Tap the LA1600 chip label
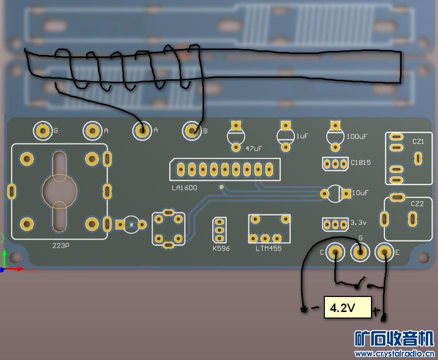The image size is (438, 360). pyautogui.click(x=184, y=188)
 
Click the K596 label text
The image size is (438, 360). pyautogui.click(x=221, y=248)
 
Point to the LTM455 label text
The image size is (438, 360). pyautogui.click(x=269, y=248)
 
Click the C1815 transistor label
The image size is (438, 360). pyautogui.click(x=360, y=162)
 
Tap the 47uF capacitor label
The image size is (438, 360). pyautogui.click(x=254, y=148)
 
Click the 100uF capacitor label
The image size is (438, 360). pyautogui.click(x=356, y=136)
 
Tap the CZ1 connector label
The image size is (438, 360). pyautogui.click(x=418, y=142)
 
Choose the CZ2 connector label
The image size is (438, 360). pyautogui.click(x=417, y=204)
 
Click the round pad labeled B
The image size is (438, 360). pyautogui.click(x=192, y=131)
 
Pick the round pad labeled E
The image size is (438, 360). pyautogui.click(x=384, y=252)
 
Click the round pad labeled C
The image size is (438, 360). pyautogui.click(x=335, y=252)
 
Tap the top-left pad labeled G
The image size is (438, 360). pyautogui.click(x=43, y=131)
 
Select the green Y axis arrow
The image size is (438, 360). pyautogui.click(x=4, y=257)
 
